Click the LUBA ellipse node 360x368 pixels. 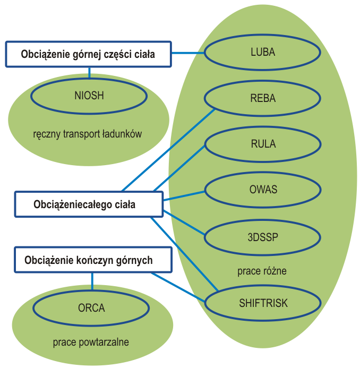tap(263, 53)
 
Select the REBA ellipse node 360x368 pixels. tap(263, 98)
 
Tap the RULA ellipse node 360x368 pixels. tap(263, 144)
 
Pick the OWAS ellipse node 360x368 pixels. tap(263, 190)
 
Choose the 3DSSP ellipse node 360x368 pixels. tap(263, 235)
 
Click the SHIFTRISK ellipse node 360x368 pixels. tap(263, 303)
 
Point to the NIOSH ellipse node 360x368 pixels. tap(89, 96)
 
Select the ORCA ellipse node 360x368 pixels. tap(91, 308)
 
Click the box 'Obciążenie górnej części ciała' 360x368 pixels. tap(88, 54)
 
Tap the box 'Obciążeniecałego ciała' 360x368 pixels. tap(88, 204)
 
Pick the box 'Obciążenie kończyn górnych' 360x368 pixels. tap(93, 260)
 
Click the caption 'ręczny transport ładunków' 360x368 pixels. tap(88, 134)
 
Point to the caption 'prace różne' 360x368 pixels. tap(262, 271)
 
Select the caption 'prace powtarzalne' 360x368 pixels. tap(91, 342)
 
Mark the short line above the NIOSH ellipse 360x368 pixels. tap(89, 73)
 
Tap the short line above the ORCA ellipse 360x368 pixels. tap(92, 281)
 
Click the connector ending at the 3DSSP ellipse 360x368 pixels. tap(184, 222)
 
